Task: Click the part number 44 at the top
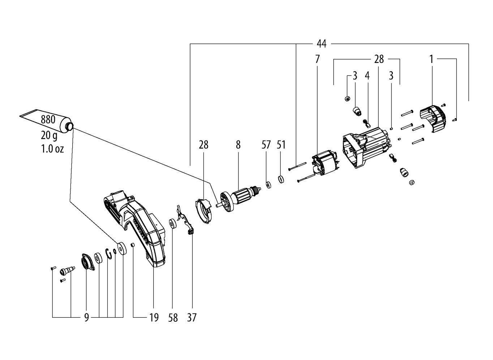click(x=322, y=44)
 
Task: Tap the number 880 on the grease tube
click(x=48, y=120)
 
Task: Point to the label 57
click(x=266, y=145)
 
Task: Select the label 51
click(x=281, y=145)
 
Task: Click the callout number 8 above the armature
click(x=238, y=145)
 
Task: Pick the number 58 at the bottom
click(x=173, y=318)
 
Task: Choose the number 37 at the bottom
click(x=192, y=318)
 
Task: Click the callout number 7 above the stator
click(x=317, y=59)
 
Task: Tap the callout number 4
click(x=367, y=76)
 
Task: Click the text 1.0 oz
click(x=52, y=149)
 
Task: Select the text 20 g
click(x=49, y=135)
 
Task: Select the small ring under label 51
click(x=281, y=179)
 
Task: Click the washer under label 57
click(x=268, y=185)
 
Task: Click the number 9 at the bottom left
click(x=86, y=318)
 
